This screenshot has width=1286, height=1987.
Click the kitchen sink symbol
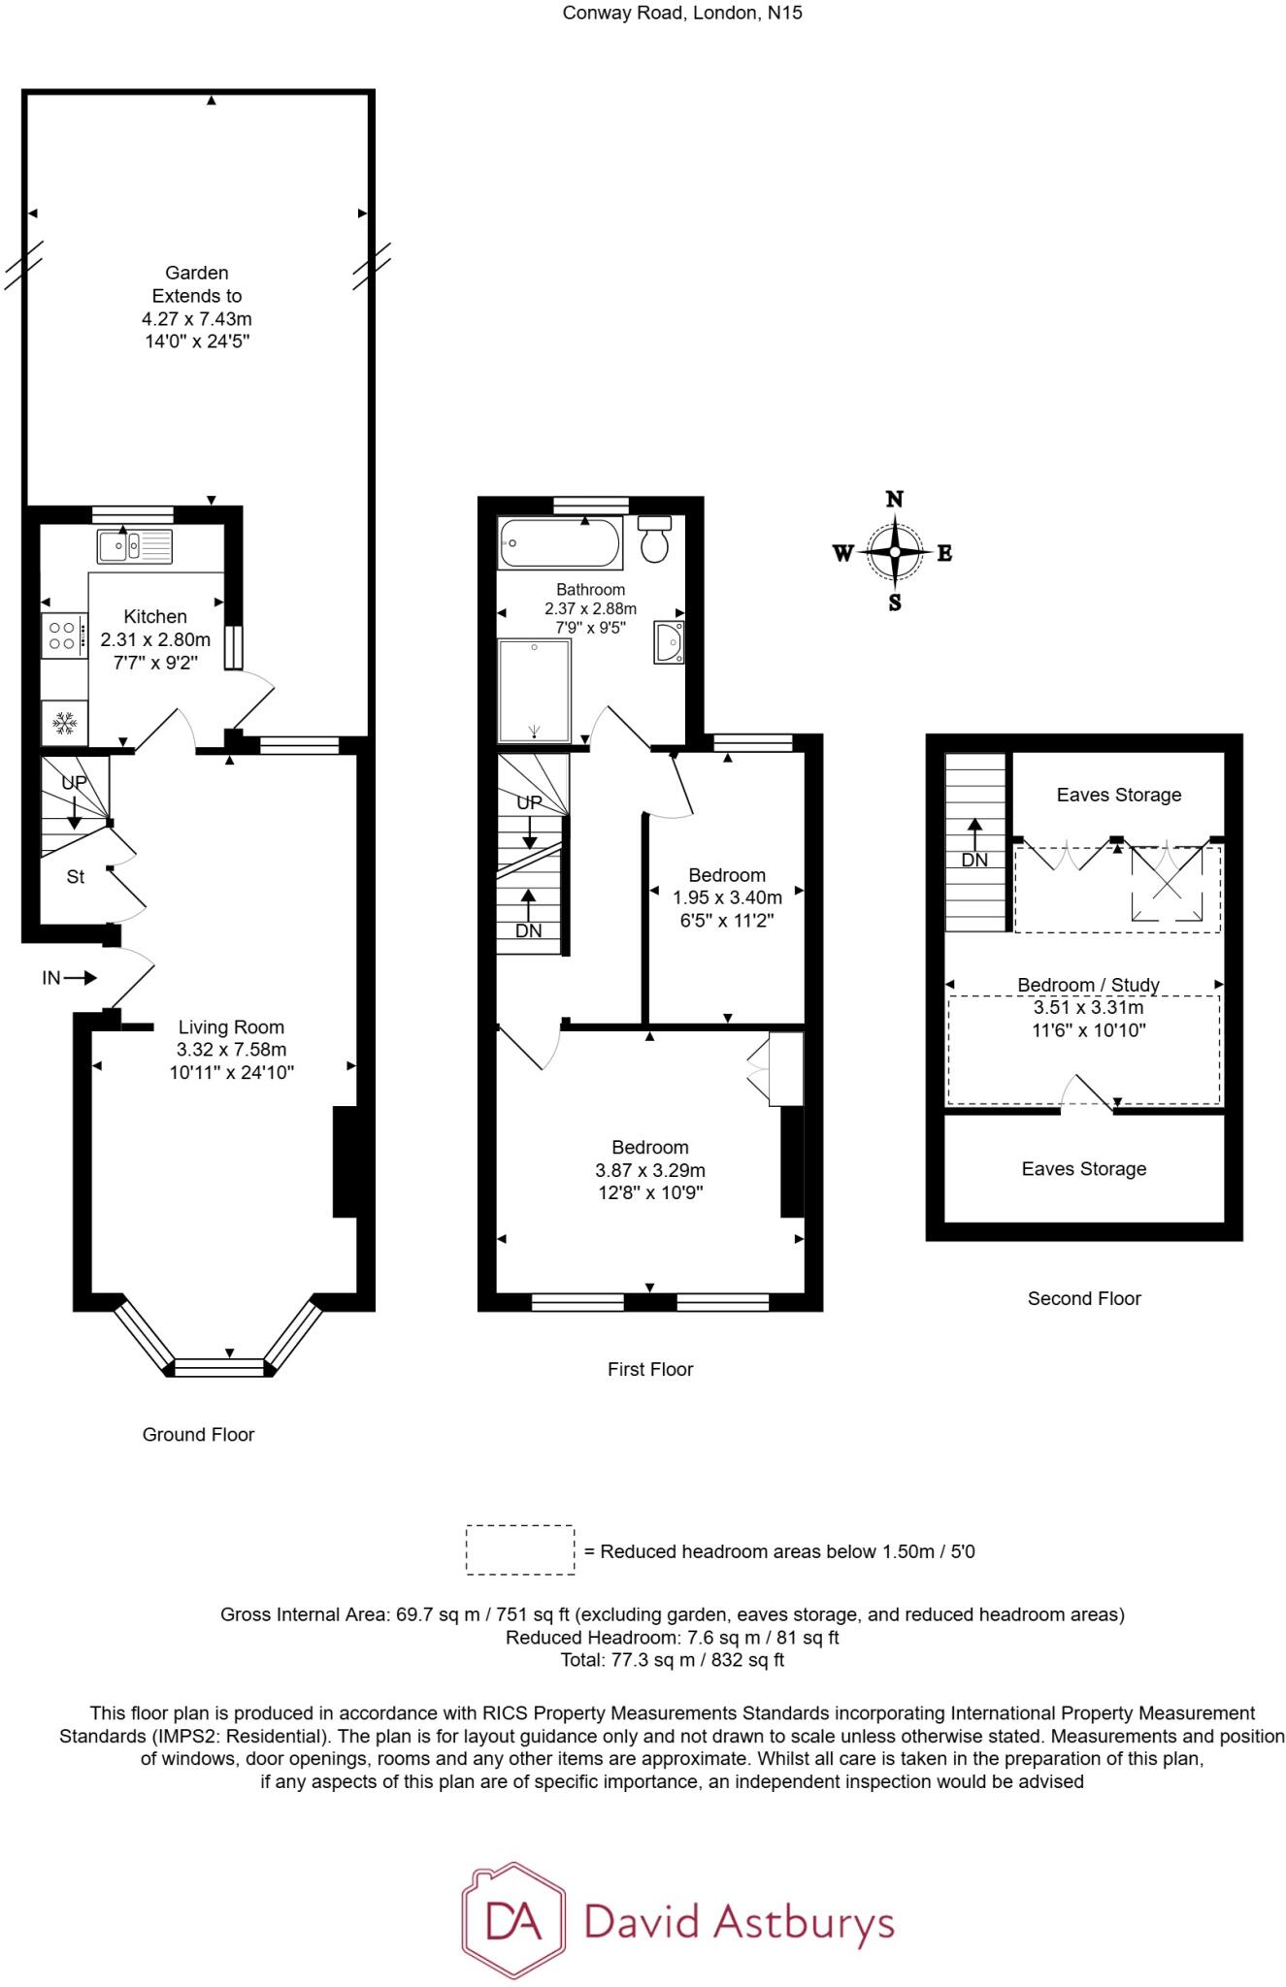[135, 545]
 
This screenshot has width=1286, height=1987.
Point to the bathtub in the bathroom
[559, 542]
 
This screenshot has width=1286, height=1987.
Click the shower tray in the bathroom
[534, 690]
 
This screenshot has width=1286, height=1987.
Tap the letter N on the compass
[895, 500]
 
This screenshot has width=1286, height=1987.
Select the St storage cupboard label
[75, 877]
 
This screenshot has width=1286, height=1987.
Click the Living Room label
[231, 1027]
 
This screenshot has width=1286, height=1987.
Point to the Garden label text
[196, 274]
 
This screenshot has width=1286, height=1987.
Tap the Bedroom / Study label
[1088, 985]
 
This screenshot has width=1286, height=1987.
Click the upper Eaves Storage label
[1119, 795]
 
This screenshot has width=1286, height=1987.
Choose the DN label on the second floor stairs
[974, 860]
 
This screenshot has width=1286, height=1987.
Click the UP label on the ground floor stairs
[74, 782]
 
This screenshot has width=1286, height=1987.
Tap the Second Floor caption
[1084, 1298]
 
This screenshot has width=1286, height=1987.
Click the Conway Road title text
[683, 14]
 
